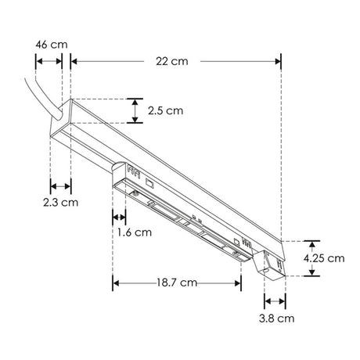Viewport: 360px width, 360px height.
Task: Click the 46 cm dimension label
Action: pos(52,45)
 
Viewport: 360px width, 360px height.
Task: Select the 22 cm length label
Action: pos(172,61)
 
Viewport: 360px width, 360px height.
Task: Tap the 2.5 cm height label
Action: pos(166,110)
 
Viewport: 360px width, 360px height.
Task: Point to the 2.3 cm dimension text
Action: pos(60,203)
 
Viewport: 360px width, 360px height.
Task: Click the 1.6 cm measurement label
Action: pos(135,232)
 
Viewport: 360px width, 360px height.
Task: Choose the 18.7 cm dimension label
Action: pos(177,283)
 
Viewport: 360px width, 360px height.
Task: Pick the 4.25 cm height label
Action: pos(324,258)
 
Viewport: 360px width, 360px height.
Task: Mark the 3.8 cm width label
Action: pos(276,319)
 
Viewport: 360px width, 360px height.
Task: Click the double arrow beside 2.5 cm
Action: pos(135,111)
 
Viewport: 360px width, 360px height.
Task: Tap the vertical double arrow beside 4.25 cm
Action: pos(312,258)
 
